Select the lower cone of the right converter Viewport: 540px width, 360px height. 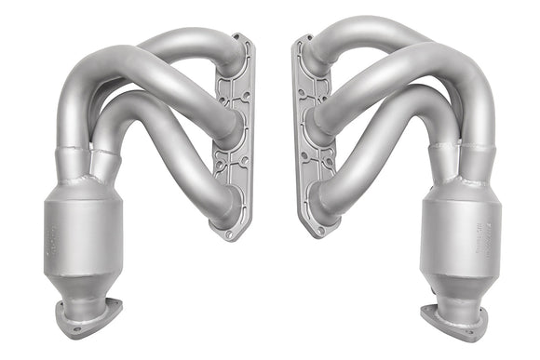tap(456, 284)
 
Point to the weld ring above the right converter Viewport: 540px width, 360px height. tap(455, 149)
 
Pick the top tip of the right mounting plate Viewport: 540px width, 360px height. tap(301, 40)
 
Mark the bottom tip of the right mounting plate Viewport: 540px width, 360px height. tap(314, 233)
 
